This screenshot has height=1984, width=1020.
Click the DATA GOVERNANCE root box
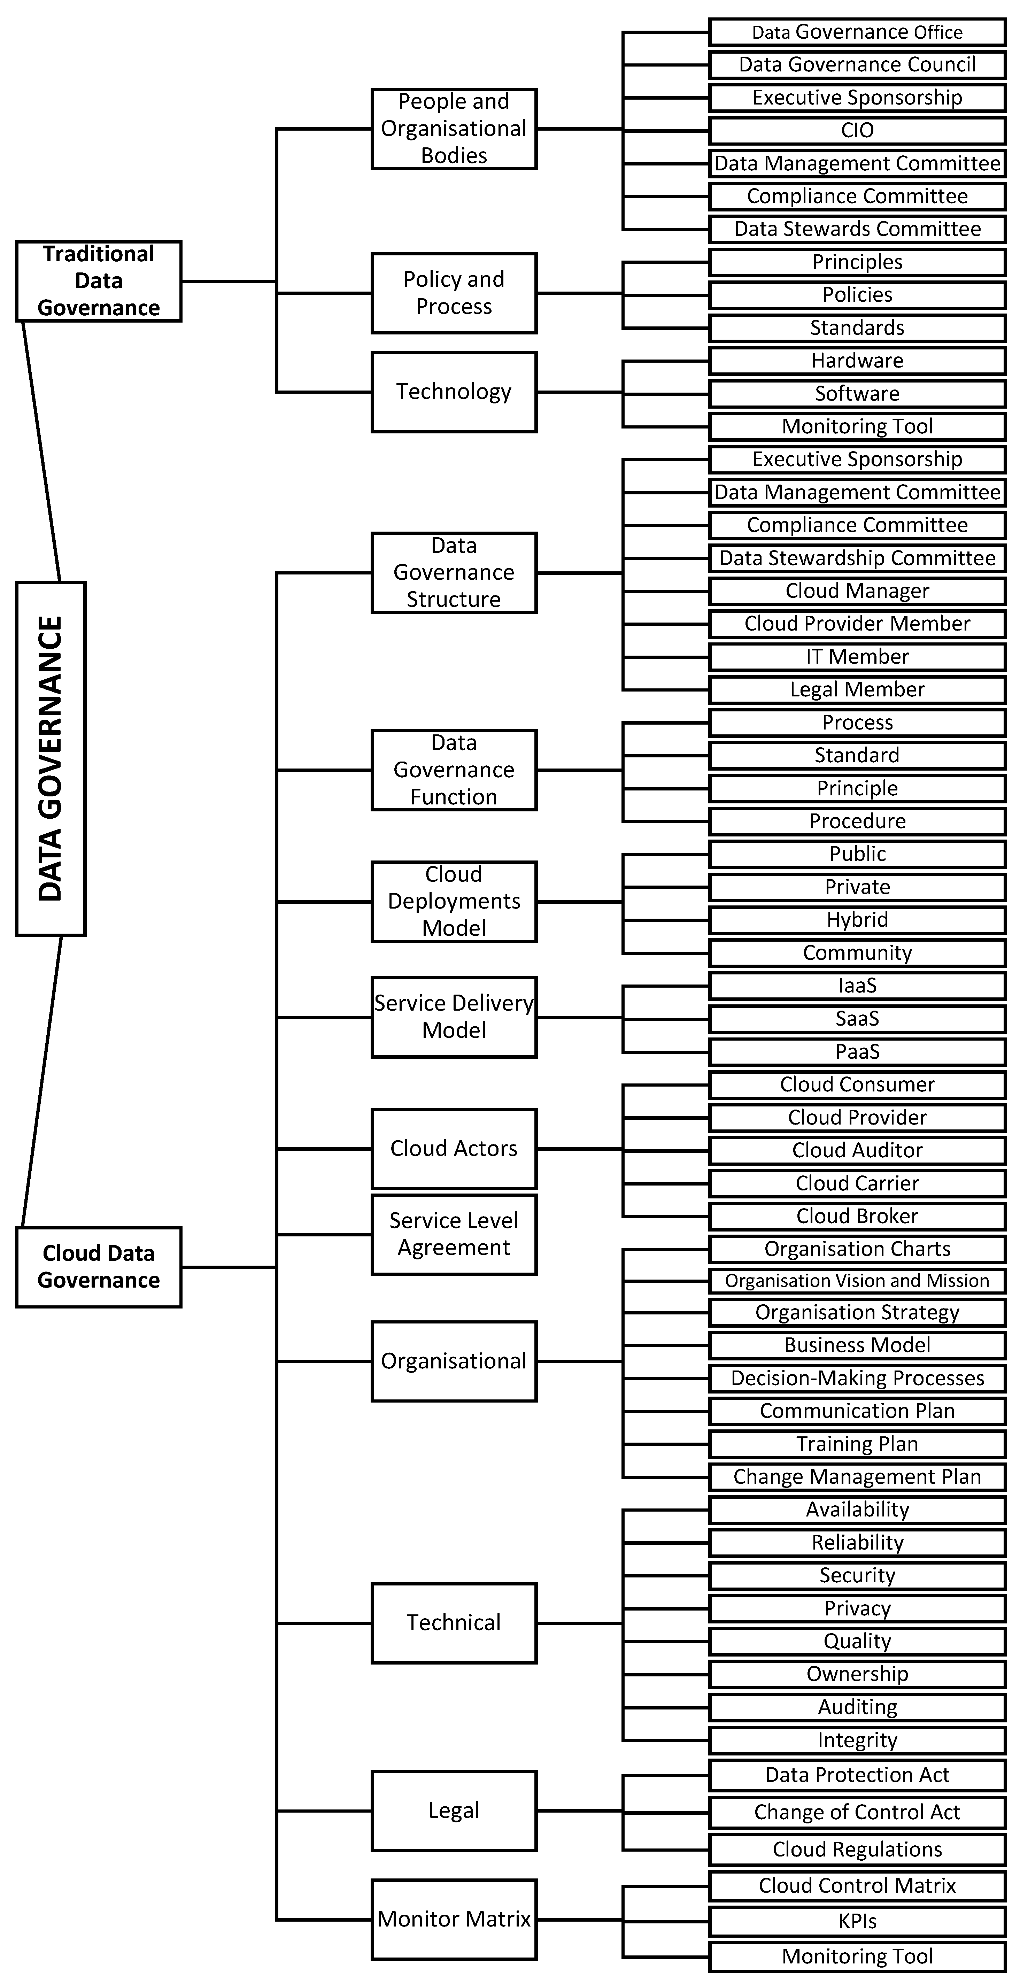pyautogui.click(x=51, y=759)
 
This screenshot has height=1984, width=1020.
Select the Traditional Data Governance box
pyautogui.click(x=99, y=281)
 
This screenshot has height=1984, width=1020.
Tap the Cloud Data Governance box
pyautogui.click(x=99, y=1267)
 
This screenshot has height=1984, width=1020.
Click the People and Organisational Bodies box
pyautogui.click(x=454, y=129)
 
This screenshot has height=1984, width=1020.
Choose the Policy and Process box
pyautogui.click(x=454, y=293)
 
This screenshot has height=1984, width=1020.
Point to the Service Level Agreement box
pyautogui.click(x=454, y=1234)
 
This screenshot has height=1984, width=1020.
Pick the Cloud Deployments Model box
pyautogui.click(x=454, y=901)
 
